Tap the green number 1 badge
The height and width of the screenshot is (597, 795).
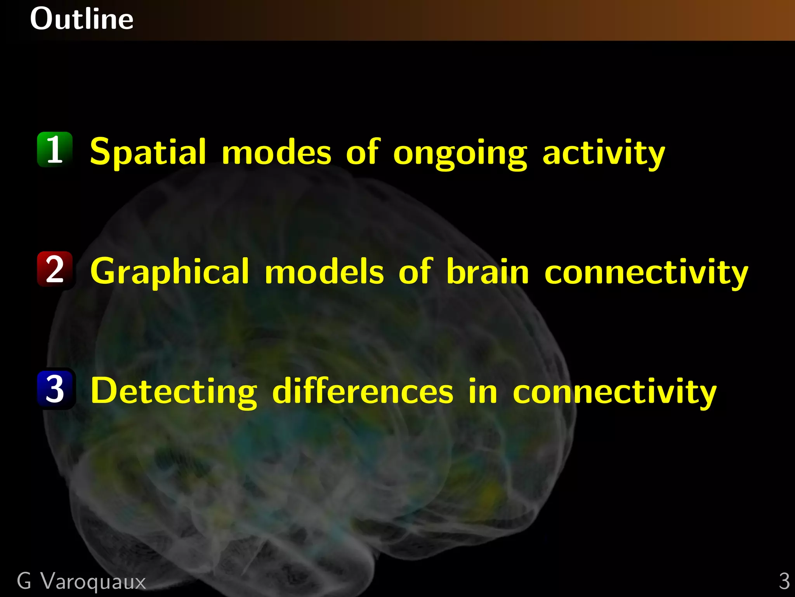pos(55,150)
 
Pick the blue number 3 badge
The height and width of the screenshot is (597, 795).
pos(55,389)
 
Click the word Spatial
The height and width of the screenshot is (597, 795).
pos(148,152)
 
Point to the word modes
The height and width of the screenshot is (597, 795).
pos(276,152)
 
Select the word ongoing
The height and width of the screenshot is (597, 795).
pos(460,154)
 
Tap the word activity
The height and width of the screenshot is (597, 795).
pos(604,154)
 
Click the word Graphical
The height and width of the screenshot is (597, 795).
pos(170,272)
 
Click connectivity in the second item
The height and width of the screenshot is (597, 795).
pos(646,273)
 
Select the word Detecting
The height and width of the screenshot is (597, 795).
pos(174,392)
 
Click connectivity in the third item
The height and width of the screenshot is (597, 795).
pos(614,393)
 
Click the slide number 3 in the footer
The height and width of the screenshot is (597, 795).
pos(784,581)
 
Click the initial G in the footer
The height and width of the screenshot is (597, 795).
pos(24,581)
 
